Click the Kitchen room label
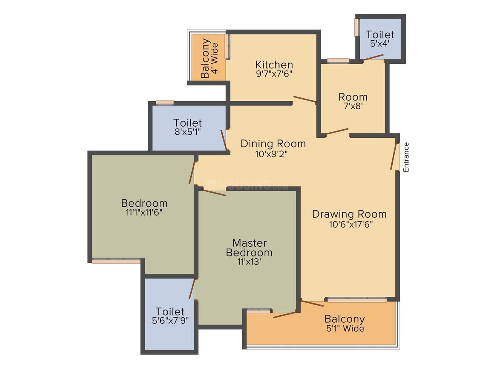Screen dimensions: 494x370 pyautogui.click(x=274, y=65)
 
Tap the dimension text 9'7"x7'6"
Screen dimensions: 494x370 pyautogui.click(x=274, y=74)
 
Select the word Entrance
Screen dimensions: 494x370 pyautogui.click(x=406, y=157)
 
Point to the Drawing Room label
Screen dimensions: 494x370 pyautogui.click(x=349, y=214)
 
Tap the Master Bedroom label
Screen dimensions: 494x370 pyautogui.click(x=249, y=248)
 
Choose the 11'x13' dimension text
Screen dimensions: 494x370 pyautogui.click(x=249, y=262)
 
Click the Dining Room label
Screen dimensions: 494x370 pyautogui.click(x=273, y=144)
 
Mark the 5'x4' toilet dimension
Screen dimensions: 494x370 pyautogui.click(x=379, y=44)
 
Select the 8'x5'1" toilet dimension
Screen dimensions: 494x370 pyautogui.click(x=188, y=131)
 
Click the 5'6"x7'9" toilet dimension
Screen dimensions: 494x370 pyautogui.click(x=170, y=321)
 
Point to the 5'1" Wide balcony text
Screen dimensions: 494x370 pyautogui.click(x=345, y=328)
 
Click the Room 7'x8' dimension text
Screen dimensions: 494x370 pyautogui.click(x=353, y=106)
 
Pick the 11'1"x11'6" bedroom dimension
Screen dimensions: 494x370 pyautogui.click(x=144, y=212)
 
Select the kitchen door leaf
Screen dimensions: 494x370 pyautogui.click(x=304, y=99)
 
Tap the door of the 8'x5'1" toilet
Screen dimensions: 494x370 pyautogui.click(x=224, y=139)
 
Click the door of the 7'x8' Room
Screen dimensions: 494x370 pyautogui.click(x=337, y=131)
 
